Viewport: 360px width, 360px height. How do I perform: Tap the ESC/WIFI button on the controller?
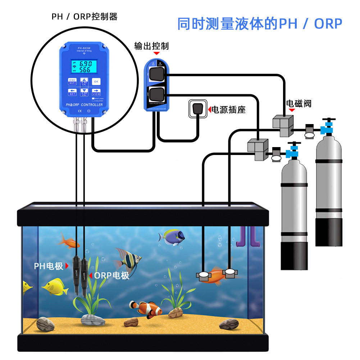pyautogui.click(x=73, y=81)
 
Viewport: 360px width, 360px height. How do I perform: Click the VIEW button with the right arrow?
pyautogui.click(x=96, y=92)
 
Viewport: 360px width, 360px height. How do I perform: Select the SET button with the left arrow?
pyautogui.click(x=73, y=92)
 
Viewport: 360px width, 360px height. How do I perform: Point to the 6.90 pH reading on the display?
pyautogui.click(x=85, y=64)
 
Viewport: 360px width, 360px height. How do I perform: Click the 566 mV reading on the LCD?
pyautogui.click(x=85, y=69)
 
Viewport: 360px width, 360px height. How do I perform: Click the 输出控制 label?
pyautogui.click(x=151, y=46)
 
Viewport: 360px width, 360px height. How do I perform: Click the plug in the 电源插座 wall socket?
pyautogui.click(x=198, y=108)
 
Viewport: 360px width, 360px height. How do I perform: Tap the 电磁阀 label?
pyautogui.click(x=299, y=104)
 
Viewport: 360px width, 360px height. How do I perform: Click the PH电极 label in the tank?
pyautogui.click(x=49, y=266)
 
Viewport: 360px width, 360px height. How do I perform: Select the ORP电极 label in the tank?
pyautogui.click(x=111, y=276)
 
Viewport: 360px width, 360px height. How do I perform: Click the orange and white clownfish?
pyautogui.click(x=146, y=309)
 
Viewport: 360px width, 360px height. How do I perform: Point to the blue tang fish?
pyautogui.click(x=173, y=237)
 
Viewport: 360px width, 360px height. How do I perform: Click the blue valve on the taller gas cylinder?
pyautogui.click(x=327, y=127)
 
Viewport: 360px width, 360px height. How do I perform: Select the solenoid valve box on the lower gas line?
pyautogui.click(x=258, y=148)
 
